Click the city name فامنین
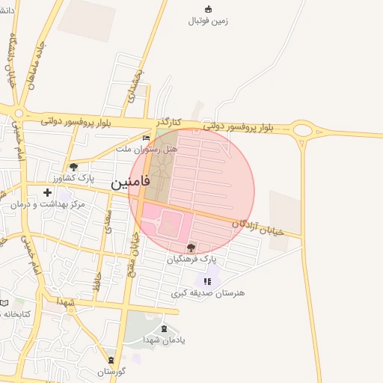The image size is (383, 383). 131,182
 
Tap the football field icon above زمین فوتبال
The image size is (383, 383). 208,9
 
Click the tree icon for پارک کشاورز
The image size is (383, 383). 73,168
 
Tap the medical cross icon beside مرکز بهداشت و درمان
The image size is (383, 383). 48,193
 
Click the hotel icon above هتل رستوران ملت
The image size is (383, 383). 146,138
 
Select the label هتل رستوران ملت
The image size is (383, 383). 147,150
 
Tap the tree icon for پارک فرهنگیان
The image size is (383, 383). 191,247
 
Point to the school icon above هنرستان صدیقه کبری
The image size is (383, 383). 208,282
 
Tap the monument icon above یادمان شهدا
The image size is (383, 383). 165,328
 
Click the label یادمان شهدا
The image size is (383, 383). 165,339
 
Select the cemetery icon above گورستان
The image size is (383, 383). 111,360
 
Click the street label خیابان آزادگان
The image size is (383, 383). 258,227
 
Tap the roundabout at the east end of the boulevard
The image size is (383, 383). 303,131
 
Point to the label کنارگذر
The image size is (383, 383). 169,121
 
